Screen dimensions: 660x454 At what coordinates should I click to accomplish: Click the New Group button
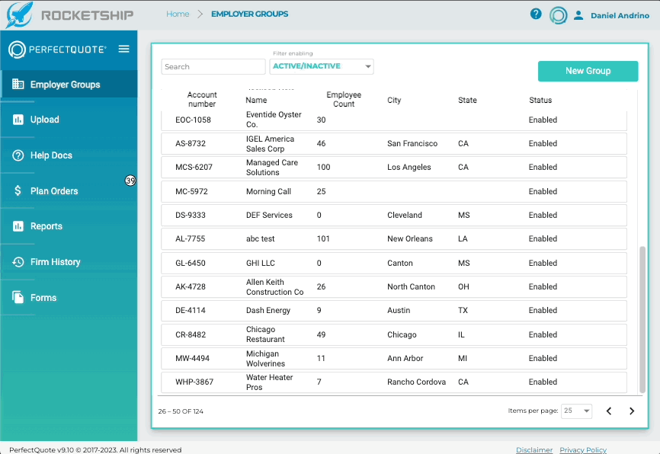(x=588, y=71)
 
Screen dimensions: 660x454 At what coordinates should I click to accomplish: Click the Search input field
(x=213, y=66)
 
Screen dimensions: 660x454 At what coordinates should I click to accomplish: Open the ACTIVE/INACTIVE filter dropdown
(x=321, y=66)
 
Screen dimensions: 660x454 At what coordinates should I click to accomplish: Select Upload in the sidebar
(x=44, y=120)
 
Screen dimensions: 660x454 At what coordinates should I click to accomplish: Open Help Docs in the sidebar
(x=51, y=155)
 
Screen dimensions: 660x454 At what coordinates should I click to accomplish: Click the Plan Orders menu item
(x=54, y=191)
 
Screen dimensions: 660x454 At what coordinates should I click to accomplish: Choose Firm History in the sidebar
(x=55, y=262)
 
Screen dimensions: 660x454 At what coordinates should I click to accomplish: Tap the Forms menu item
(x=43, y=298)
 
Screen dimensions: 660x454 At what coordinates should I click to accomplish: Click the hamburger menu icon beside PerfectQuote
(x=123, y=49)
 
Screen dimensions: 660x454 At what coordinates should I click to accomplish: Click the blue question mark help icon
(x=536, y=14)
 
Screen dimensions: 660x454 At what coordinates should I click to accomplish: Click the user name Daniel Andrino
(x=620, y=15)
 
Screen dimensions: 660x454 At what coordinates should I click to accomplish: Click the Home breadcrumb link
(x=178, y=14)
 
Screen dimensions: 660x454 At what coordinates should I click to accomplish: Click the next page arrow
(x=632, y=411)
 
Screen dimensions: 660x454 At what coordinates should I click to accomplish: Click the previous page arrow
(x=609, y=411)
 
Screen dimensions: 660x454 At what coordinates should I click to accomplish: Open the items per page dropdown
(x=576, y=411)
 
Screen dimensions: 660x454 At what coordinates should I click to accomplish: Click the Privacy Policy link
(x=583, y=449)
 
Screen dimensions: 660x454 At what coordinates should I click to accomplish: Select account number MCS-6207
(x=194, y=167)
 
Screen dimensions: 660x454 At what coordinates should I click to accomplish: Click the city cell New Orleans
(x=409, y=238)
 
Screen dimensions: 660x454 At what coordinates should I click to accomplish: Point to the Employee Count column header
(x=344, y=99)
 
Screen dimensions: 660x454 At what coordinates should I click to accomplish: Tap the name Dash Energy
(x=268, y=311)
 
